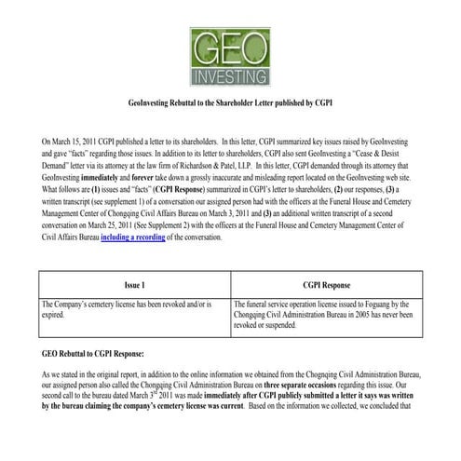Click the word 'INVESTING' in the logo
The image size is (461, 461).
(229, 74)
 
